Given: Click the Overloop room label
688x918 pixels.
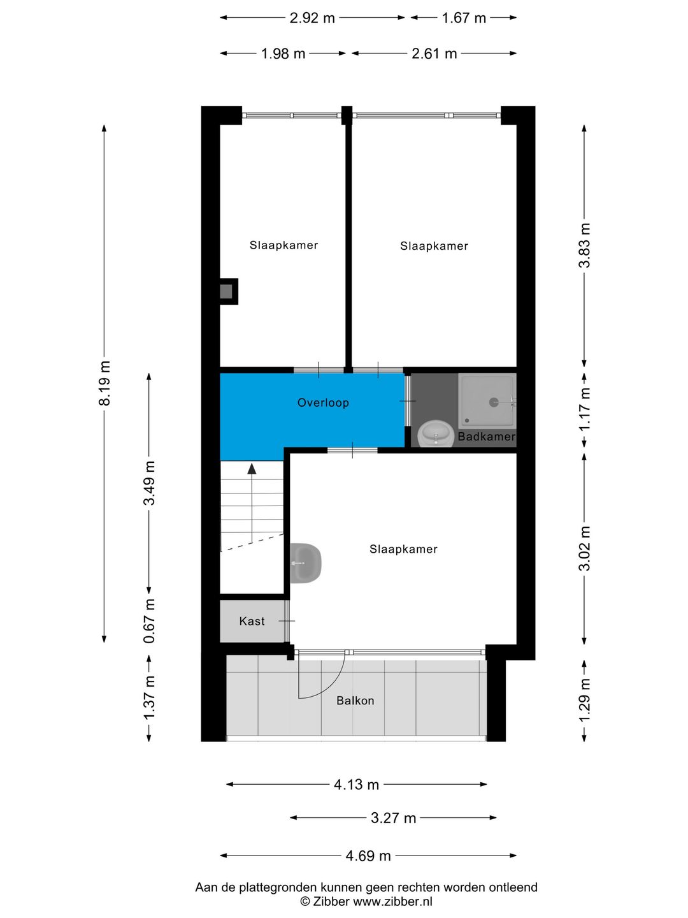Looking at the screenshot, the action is coord(323,403).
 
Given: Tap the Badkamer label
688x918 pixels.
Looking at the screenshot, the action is coord(487,437).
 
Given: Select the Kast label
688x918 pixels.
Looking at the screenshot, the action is coord(252,621).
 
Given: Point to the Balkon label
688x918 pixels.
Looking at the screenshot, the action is coord(355,701).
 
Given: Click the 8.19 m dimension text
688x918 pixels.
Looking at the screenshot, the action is coord(104,383).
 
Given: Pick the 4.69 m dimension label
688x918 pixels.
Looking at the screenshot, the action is coord(368,856).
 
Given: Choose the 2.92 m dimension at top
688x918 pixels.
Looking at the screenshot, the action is coord(312,18).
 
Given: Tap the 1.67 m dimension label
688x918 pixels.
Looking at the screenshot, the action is coord(464,18).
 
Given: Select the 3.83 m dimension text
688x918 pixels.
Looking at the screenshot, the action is coord(585,245).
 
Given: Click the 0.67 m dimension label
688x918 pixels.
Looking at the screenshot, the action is coord(149,621).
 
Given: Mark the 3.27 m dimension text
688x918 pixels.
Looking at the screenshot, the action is coord(394,818).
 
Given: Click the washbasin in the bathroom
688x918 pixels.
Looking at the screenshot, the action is coord(436,433).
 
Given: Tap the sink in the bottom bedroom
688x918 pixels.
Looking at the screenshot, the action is coord(306,563).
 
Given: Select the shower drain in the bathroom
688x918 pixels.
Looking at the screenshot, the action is coord(494,402).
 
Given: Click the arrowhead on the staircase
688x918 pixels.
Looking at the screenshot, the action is coord(252,469).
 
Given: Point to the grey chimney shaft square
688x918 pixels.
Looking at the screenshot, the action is coord(226,291).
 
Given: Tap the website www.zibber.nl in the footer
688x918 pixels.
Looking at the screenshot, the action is coord(392,901).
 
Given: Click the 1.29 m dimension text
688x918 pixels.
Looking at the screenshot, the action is coord(585,699).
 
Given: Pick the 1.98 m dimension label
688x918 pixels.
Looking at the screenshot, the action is coord(283,54).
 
